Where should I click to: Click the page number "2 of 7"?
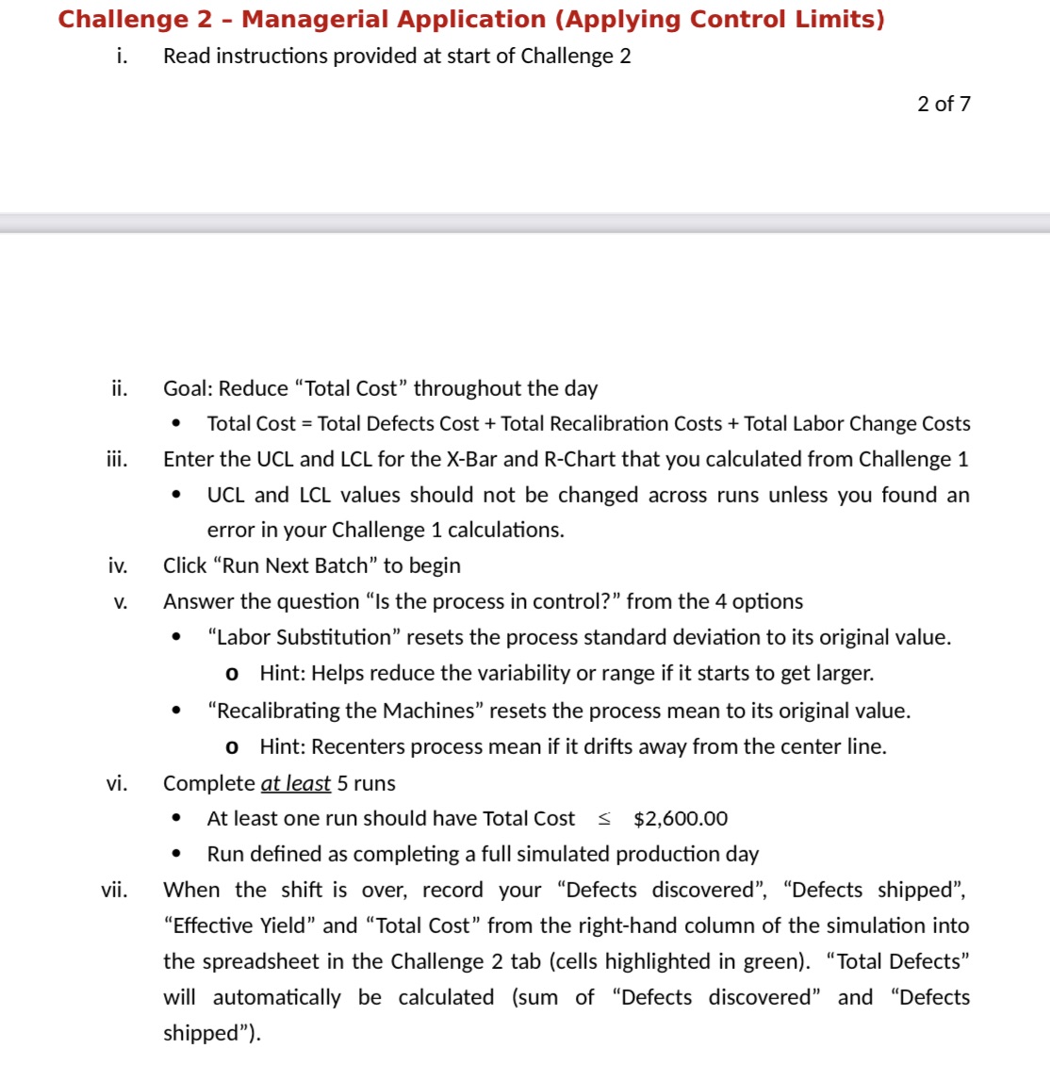(x=943, y=104)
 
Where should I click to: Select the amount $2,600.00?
(x=681, y=819)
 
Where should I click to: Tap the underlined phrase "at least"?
(x=295, y=783)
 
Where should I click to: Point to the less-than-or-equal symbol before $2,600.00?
(x=604, y=819)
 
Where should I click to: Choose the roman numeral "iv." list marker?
(x=117, y=565)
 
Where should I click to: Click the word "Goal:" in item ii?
(x=188, y=388)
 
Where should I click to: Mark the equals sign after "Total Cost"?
(x=306, y=424)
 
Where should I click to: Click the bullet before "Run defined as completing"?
(x=176, y=854)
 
